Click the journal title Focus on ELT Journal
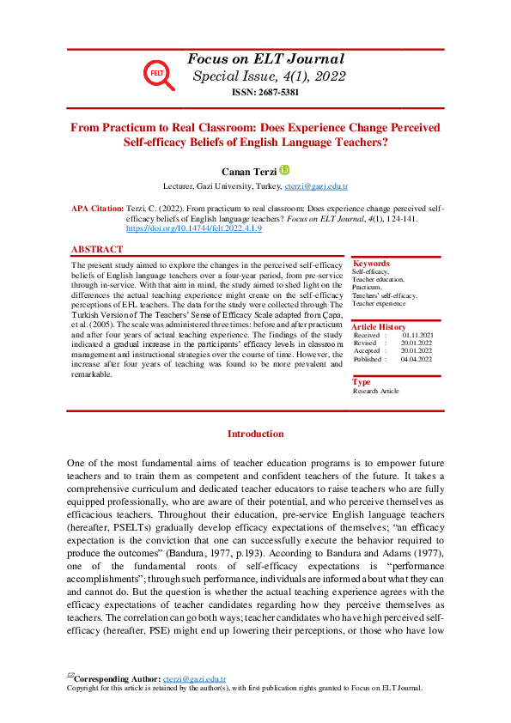tap(265, 59)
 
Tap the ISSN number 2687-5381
tap(265, 92)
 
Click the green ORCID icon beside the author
tap(285, 170)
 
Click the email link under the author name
tap(317, 186)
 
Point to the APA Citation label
tap(95, 209)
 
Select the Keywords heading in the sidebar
tap(371, 264)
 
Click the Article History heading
tap(380, 327)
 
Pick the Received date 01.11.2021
tap(417, 336)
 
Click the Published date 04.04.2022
tap(417, 359)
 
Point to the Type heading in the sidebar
tap(362, 382)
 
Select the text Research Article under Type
tap(376, 392)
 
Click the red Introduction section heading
tap(255, 434)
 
